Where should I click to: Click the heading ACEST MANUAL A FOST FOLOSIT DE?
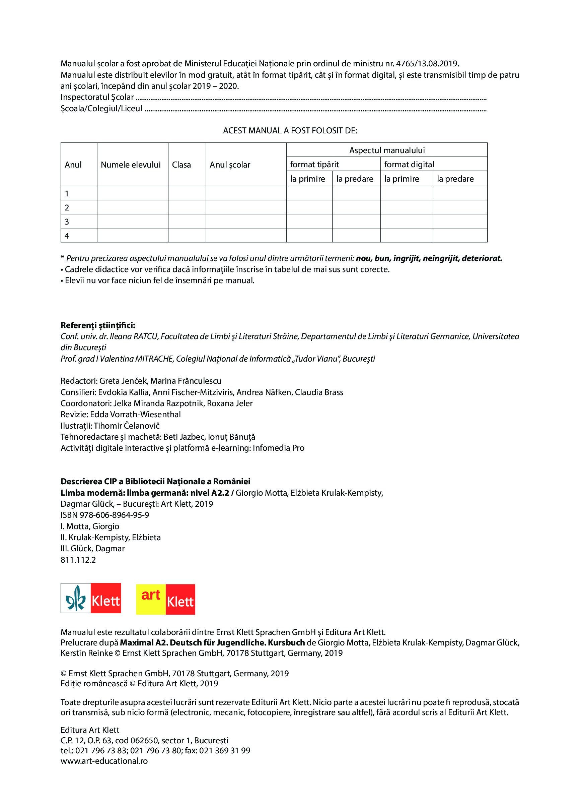click(x=290, y=131)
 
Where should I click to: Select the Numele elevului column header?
click(x=131, y=165)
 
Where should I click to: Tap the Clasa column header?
click(x=181, y=165)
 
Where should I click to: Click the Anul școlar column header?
click(x=230, y=165)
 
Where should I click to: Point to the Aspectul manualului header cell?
click(x=387, y=150)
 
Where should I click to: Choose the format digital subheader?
click(x=409, y=164)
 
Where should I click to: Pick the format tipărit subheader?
click(x=314, y=164)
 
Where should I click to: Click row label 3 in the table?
click(x=67, y=222)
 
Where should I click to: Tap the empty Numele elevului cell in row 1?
click(x=132, y=193)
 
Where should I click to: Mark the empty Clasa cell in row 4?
click(x=187, y=235)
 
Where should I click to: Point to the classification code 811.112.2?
click(x=78, y=560)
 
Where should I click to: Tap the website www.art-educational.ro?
click(x=104, y=761)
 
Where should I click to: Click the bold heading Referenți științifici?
click(x=98, y=325)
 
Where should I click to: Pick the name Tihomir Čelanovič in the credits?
click(x=127, y=426)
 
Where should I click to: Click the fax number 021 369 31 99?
click(x=225, y=750)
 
